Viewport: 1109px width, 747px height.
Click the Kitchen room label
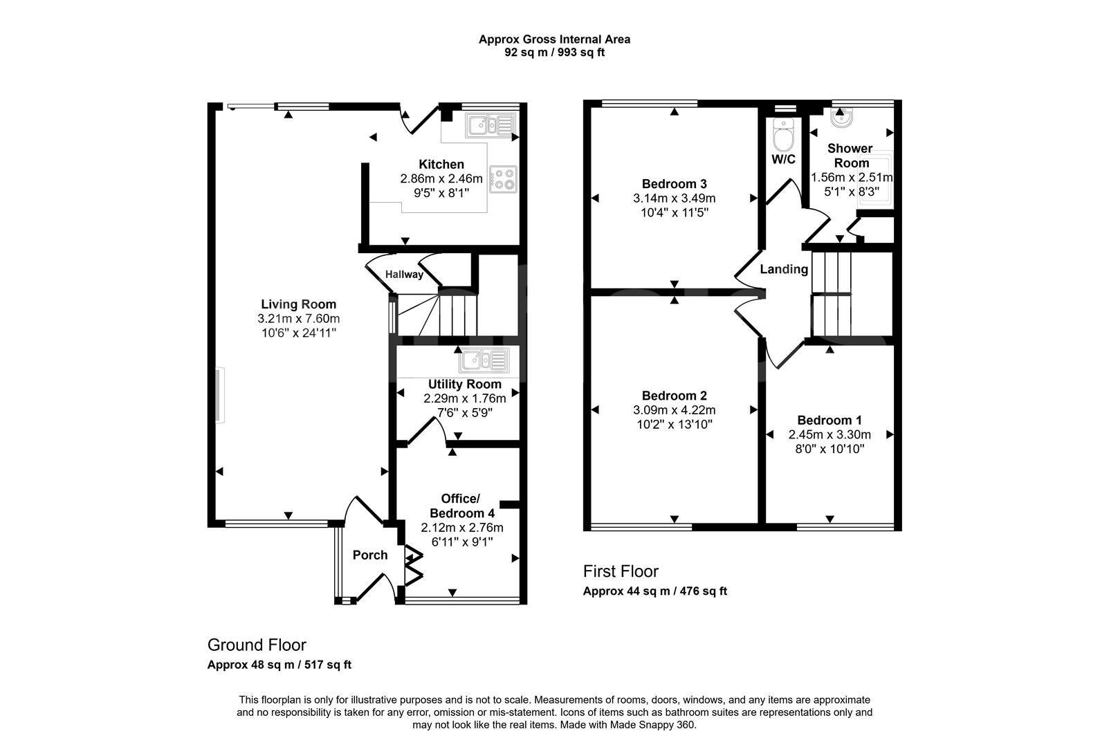441,165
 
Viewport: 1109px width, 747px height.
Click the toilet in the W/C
783,136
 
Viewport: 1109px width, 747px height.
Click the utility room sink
483,360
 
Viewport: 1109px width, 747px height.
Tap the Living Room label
298,304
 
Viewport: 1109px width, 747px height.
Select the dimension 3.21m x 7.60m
298,319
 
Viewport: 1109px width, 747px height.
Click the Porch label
370,555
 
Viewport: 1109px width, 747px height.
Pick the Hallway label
404,275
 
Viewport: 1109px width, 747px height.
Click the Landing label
784,269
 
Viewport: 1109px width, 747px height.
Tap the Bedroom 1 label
830,421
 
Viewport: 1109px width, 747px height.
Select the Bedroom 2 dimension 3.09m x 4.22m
674,410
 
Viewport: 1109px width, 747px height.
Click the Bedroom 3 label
674,184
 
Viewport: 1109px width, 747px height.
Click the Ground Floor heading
257,645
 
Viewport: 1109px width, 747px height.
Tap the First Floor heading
621,571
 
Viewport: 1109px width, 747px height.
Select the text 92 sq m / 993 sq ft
554,52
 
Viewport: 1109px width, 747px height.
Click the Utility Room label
464,385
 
